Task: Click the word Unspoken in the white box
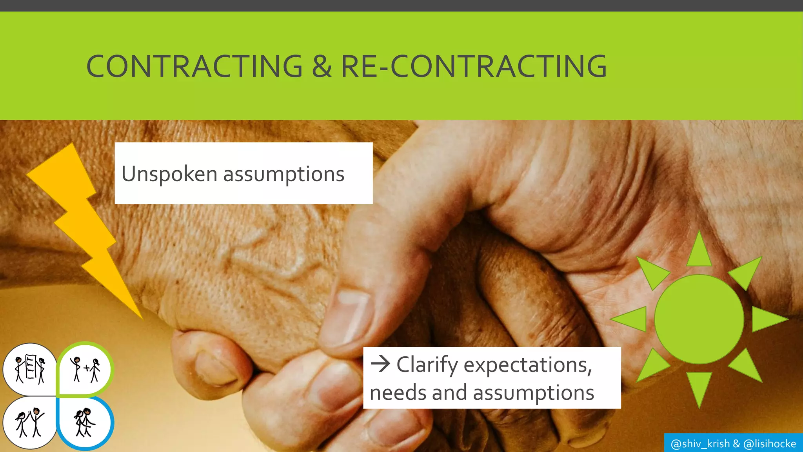tap(169, 174)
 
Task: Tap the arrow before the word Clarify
tap(380, 364)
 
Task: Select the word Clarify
tap(427, 365)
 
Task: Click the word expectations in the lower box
tap(527, 365)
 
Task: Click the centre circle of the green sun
tap(699, 319)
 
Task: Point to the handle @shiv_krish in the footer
tap(700, 444)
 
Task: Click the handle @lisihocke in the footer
tap(770, 444)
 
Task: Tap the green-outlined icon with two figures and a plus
tap(85, 368)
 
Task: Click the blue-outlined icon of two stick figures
tap(85, 423)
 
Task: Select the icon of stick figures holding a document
tap(30, 368)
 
